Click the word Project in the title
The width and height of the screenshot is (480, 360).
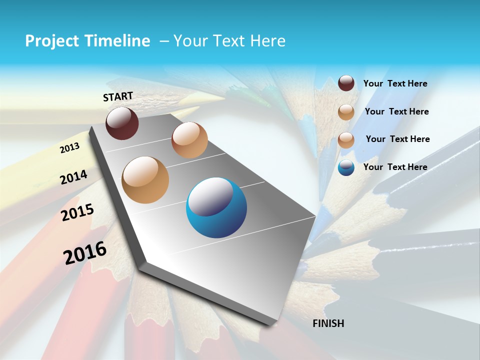(52, 41)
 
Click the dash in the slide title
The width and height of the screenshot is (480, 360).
(163, 41)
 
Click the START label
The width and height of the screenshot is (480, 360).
(118, 96)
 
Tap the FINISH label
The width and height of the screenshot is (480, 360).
(328, 323)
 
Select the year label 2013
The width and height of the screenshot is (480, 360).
(70, 148)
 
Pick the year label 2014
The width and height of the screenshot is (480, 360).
(74, 177)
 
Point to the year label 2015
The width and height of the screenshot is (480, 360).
(77, 212)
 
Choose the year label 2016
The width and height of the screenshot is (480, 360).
(85, 252)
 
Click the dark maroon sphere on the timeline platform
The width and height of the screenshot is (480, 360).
(122, 123)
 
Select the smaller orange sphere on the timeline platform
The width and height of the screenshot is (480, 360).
(189, 140)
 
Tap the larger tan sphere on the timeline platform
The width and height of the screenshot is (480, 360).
(145, 180)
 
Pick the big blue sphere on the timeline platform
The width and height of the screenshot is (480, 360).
(216, 208)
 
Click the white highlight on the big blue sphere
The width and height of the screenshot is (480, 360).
(212, 197)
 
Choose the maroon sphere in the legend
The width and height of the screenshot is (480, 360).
(346, 83)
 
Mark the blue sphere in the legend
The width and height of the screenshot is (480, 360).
(346, 167)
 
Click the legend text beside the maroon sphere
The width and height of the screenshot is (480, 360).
(395, 84)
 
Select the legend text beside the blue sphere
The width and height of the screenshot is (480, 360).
(395, 167)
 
